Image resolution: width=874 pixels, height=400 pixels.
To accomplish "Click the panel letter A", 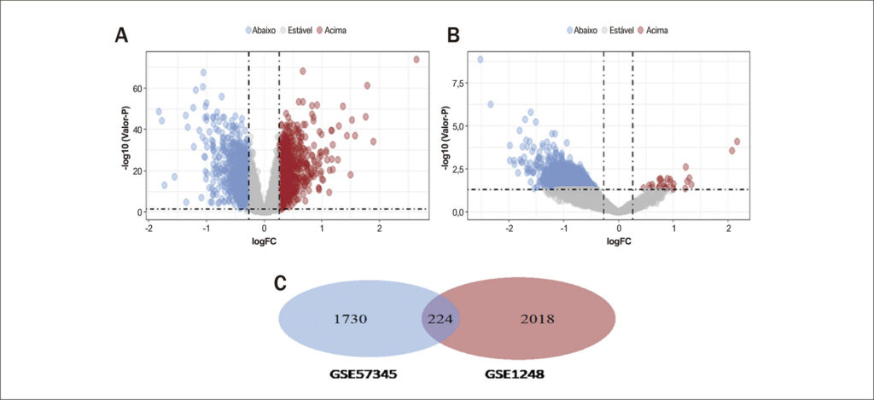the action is tap(123, 36).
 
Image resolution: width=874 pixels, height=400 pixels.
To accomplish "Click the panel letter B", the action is tap(454, 36).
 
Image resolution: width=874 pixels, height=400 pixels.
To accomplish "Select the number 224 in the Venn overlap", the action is tap(440, 319).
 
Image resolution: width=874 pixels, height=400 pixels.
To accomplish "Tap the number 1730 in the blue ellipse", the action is tap(350, 319).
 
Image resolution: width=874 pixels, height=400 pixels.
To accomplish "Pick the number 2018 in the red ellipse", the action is tap(538, 319).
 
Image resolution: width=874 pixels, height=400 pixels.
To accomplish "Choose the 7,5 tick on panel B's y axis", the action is tap(458, 83).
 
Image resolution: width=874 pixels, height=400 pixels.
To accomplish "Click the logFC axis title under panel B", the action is tap(618, 241).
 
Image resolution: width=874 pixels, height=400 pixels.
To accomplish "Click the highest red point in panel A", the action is tap(416, 60).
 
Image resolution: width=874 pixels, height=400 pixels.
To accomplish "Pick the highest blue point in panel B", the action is tap(480, 60).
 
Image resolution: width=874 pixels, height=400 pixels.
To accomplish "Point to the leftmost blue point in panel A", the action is tap(159, 112).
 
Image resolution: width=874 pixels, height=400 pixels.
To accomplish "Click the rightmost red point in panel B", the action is tap(737, 142).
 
